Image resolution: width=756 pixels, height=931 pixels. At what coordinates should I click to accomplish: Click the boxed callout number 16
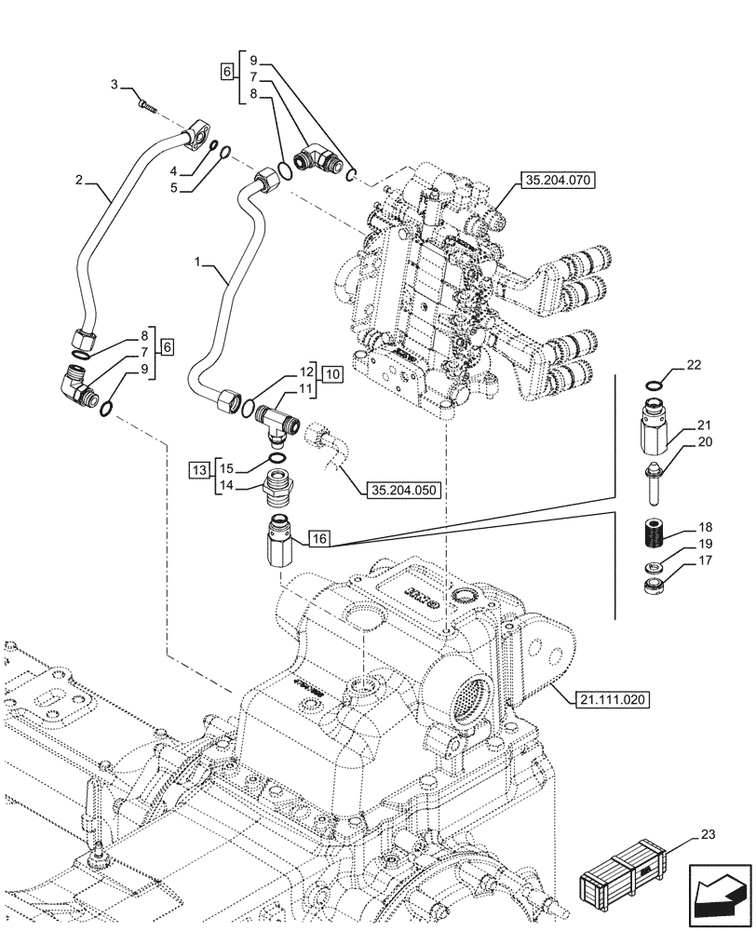(318, 538)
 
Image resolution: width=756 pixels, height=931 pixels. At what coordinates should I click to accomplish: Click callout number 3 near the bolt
(115, 85)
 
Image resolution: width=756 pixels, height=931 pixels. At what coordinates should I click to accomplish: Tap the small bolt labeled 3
(145, 108)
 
